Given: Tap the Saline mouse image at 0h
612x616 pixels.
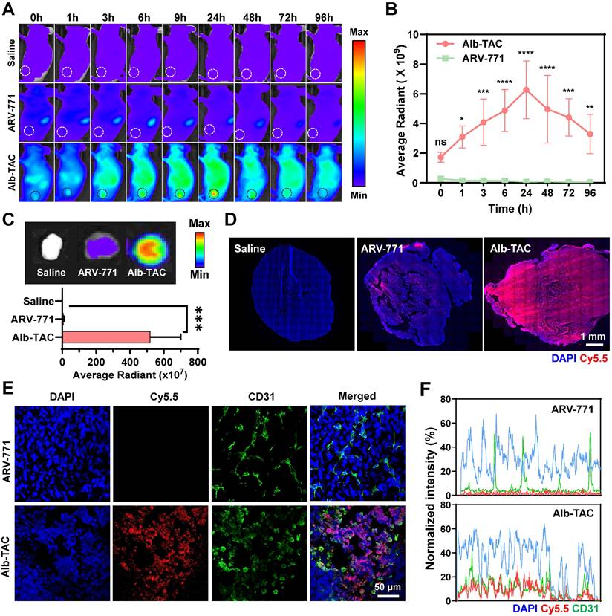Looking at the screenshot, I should tap(36, 52).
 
